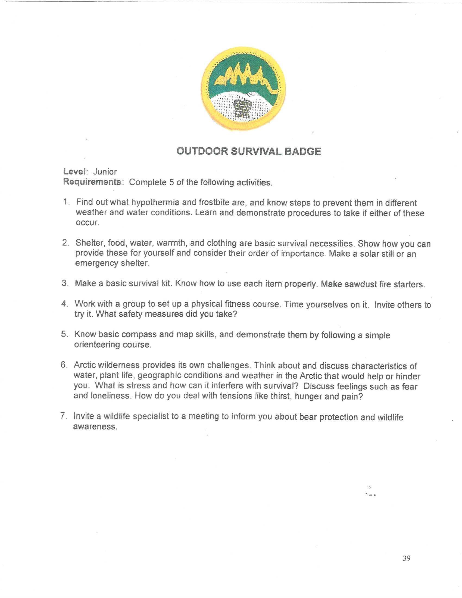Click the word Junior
(x=105, y=172)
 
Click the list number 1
(x=66, y=202)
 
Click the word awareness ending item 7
(x=95, y=426)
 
